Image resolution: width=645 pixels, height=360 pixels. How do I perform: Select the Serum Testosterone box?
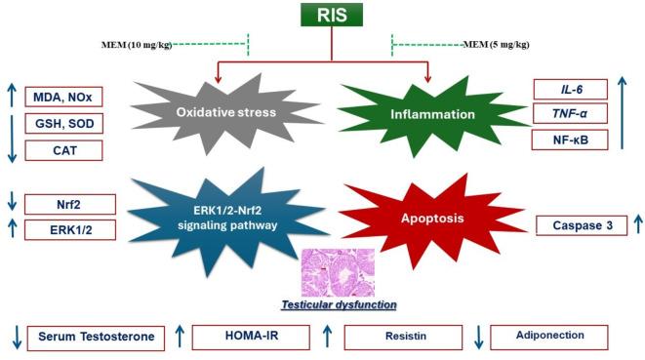(96, 337)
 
